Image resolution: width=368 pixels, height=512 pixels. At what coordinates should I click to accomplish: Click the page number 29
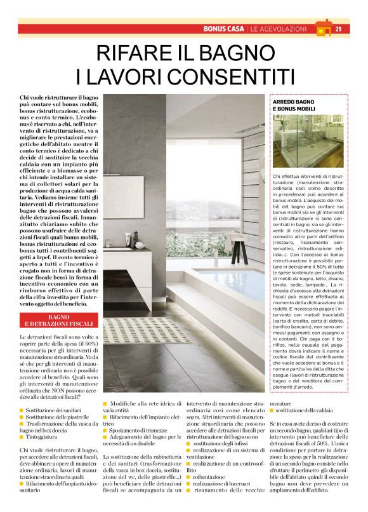point(339,29)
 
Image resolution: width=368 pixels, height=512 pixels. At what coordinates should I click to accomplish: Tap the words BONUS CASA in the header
point(224,29)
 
